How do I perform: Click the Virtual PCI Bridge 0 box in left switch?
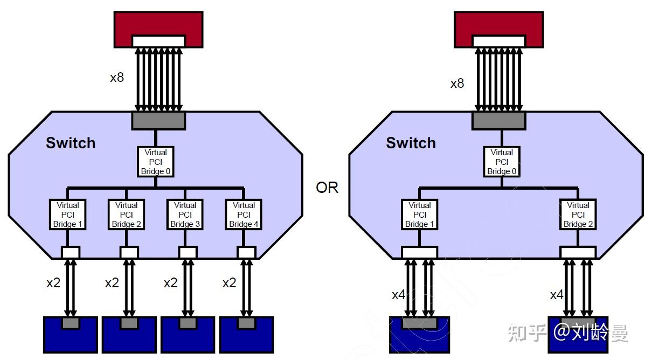[x=156, y=162]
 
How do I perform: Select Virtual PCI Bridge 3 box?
[x=185, y=214]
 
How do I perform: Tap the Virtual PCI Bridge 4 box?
[x=244, y=214]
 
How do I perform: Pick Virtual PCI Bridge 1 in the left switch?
[x=67, y=214]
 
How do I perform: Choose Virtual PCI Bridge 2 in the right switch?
[x=578, y=214]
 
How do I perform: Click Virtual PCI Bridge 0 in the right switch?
[x=502, y=162]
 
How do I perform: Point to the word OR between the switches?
[x=327, y=188]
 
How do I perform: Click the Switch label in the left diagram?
[x=71, y=143]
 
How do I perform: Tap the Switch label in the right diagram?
[x=411, y=143]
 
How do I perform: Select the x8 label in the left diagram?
[x=117, y=77]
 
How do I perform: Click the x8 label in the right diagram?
[x=457, y=84]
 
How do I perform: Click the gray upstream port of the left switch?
[x=158, y=120]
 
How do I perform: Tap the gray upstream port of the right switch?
[x=498, y=120]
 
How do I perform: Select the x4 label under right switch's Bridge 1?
[x=398, y=295]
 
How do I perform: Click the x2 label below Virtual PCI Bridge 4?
[x=229, y=282]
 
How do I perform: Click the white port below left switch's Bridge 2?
[x=129, y=252]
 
